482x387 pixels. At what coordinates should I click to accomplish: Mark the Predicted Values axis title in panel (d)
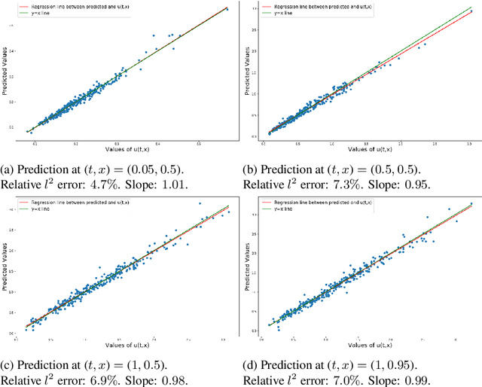pyautogui.click(x=252, y=267)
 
